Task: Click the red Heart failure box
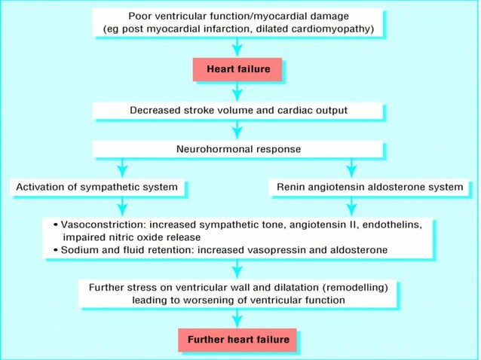(238, 70)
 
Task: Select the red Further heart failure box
(238, 340)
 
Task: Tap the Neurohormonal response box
(238, 149)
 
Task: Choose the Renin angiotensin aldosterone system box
(369, 187)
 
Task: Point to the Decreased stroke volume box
(238, 110)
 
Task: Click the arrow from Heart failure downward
(238, 91)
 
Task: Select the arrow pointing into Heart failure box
(238, 49)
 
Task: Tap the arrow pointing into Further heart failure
(238, 318)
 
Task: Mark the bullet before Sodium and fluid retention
(56, 249)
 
